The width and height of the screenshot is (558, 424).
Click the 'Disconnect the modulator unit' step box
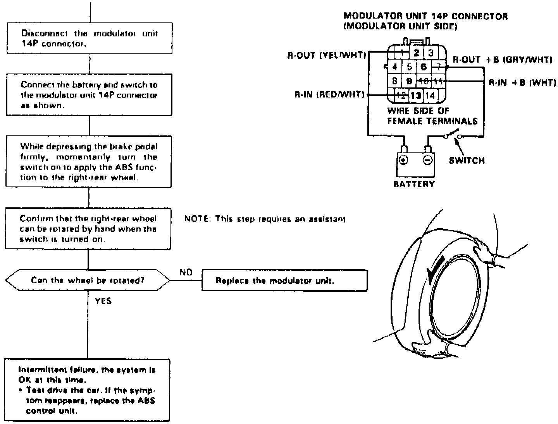point(89,38)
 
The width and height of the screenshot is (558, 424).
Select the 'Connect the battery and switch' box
point(89,95)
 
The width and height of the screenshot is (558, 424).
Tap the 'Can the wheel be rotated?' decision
point(88,280)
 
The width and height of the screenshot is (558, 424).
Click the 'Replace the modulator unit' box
point(284,280)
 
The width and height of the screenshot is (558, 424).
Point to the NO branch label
point(186,273)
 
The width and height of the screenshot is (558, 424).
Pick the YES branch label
point(103,301)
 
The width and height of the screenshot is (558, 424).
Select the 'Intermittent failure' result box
point(87,390)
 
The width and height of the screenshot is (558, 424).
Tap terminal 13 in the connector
point(416,95)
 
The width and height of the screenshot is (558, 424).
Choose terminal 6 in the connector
point(424,67)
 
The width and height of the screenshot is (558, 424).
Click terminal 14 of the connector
point(431,95)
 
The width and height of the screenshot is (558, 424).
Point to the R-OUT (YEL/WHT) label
point(326,55)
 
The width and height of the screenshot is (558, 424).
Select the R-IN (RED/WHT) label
point(329,94)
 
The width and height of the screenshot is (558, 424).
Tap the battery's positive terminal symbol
point(403,160)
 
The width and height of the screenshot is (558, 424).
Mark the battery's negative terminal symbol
point(427,160)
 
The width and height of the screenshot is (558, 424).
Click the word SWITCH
point(467,160)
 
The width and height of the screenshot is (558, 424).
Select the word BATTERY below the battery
point(414,184)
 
